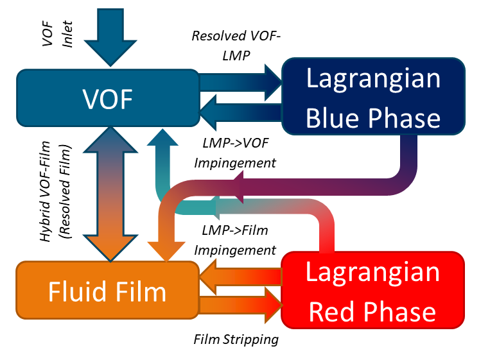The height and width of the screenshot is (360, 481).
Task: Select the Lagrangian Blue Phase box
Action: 373,98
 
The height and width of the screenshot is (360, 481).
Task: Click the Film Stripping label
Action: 236,339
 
